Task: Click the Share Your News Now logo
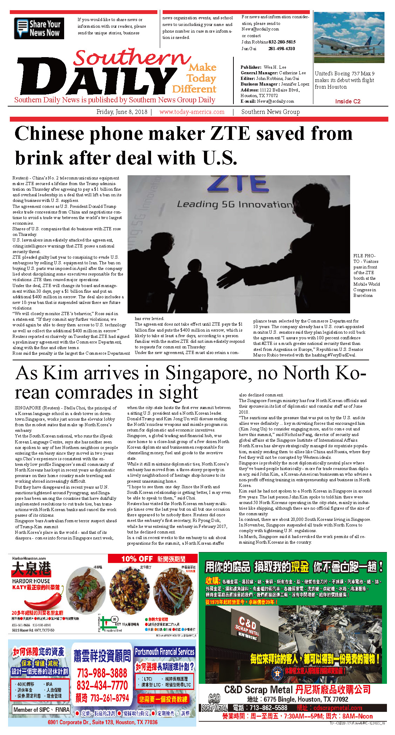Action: [x=39, y=28]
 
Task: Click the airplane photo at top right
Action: [x=349, y=38]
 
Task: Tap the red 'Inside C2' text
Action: [x=347, y=101]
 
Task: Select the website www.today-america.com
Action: [x=192, y=112]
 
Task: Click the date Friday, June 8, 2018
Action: [x=122, y=112]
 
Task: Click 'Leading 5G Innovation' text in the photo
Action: [x=234, y=204]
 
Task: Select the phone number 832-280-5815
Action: [x=282, y=42]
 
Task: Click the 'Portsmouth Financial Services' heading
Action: [x=164, y=652]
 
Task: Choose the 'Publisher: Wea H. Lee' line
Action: [x=263, y=67]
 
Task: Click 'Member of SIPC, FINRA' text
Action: [x=41, y=709]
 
